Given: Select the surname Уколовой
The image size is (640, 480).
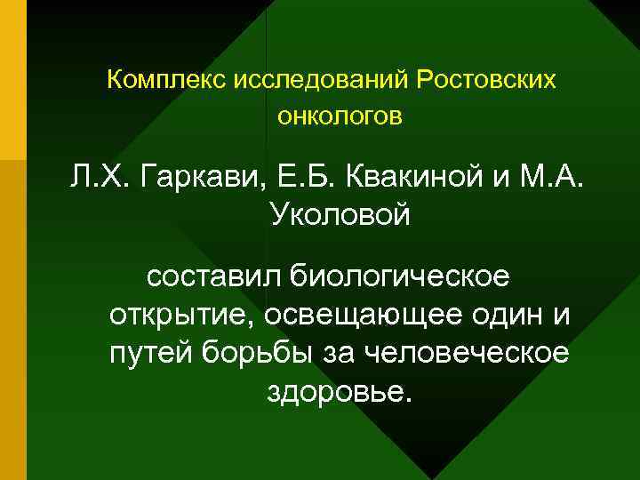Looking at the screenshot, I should click(x=339, y=216).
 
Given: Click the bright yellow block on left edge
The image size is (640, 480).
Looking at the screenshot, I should click(x=13, y=80).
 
